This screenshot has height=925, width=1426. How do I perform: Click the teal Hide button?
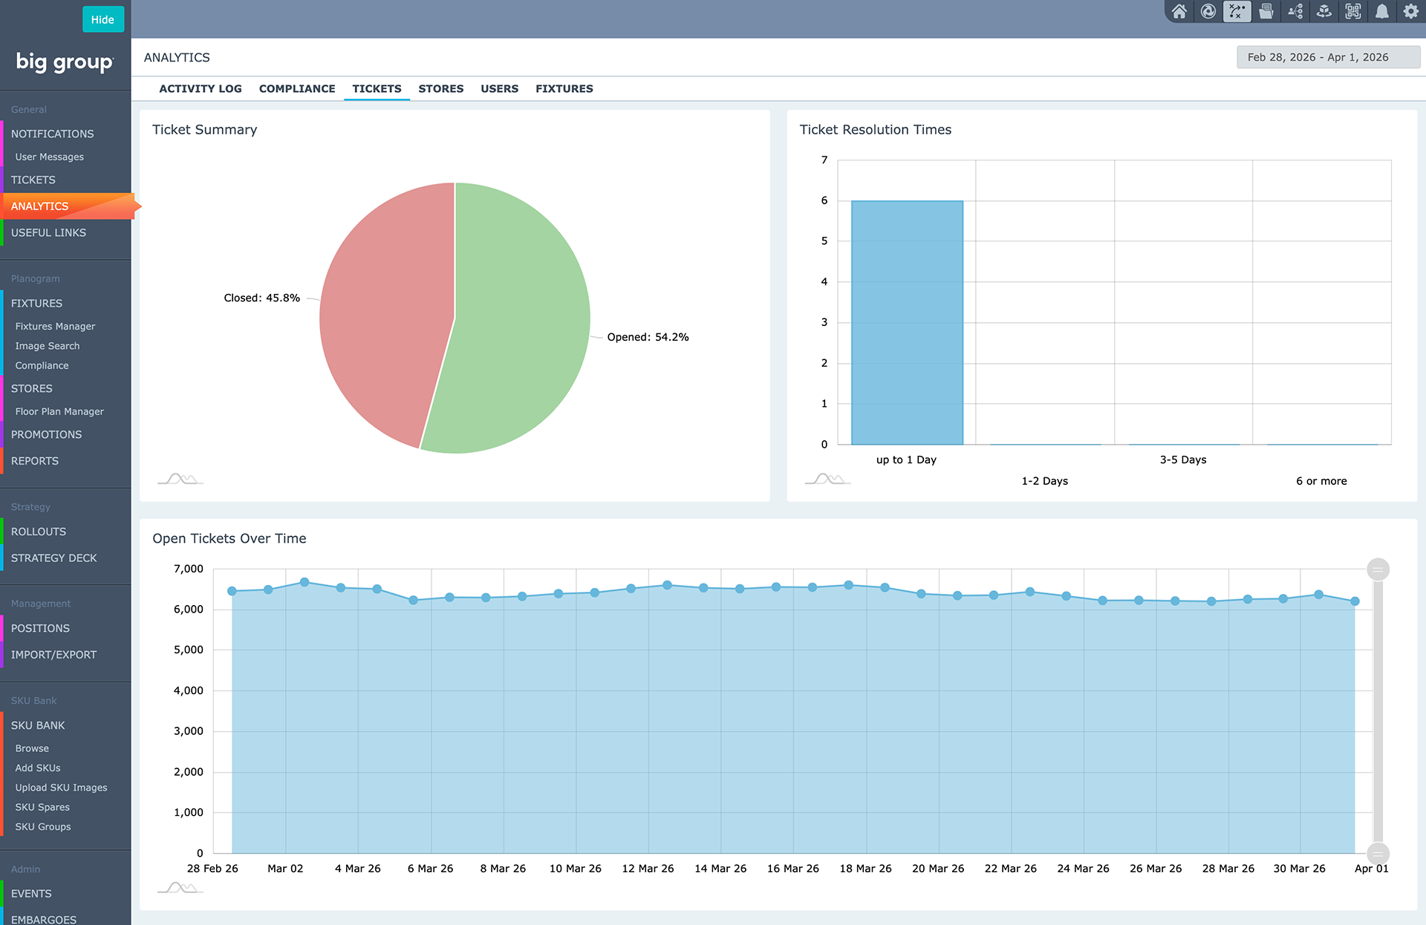(x=102, y=19)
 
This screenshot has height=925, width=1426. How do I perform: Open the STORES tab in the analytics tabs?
(x=440, y=88)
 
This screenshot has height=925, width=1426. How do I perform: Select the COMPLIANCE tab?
(x=297, y=88)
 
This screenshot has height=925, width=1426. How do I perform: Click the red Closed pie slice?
(x=386, y=312)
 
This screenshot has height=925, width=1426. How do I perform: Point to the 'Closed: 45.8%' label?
(x=262, y=298)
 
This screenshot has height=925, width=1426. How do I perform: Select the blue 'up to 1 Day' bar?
(x=907, y=322)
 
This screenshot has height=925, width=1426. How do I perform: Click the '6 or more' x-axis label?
(x=1321, y=481)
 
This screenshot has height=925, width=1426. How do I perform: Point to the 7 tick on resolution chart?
(x=824, y=160)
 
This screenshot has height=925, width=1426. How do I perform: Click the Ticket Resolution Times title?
(x=875, y=130)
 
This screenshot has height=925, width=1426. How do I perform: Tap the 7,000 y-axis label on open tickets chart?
(x=189, y=569)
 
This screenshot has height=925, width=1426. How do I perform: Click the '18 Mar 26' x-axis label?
(x=865, y=869)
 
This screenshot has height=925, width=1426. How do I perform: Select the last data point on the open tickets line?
(x=1355, y=601)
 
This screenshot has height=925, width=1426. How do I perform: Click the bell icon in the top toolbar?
(x=1381, y=11)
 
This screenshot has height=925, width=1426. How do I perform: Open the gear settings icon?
(x=1410, y=11)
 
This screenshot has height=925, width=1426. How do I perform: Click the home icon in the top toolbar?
(x=1179, y=11)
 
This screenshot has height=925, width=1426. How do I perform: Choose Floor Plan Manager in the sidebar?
(x=59, y=411)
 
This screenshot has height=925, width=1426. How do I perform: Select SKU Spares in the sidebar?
(x=42, y=807)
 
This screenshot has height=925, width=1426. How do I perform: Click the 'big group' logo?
(x=65, y=62)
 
